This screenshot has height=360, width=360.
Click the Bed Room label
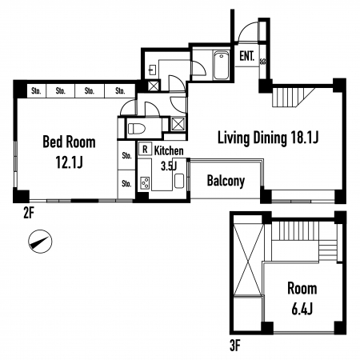69,142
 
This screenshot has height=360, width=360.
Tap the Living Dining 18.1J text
268,138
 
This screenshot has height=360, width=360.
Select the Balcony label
226,181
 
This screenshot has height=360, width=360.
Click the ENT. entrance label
246,56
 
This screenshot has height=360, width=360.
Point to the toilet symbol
137,129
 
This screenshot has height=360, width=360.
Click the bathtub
221,66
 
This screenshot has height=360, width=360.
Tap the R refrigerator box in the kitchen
145,149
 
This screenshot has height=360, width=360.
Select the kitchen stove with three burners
145,183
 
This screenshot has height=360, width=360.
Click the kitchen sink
179,181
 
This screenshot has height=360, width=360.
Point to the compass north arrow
40,242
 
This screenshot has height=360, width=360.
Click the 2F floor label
29,213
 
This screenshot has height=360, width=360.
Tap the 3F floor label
235,346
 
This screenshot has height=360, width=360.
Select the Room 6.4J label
302,298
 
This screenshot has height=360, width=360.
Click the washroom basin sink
153,70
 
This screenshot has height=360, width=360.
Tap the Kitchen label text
169,151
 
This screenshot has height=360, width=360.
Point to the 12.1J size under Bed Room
69,162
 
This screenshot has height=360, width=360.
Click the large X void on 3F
248,259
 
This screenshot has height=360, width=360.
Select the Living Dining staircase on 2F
293,97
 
